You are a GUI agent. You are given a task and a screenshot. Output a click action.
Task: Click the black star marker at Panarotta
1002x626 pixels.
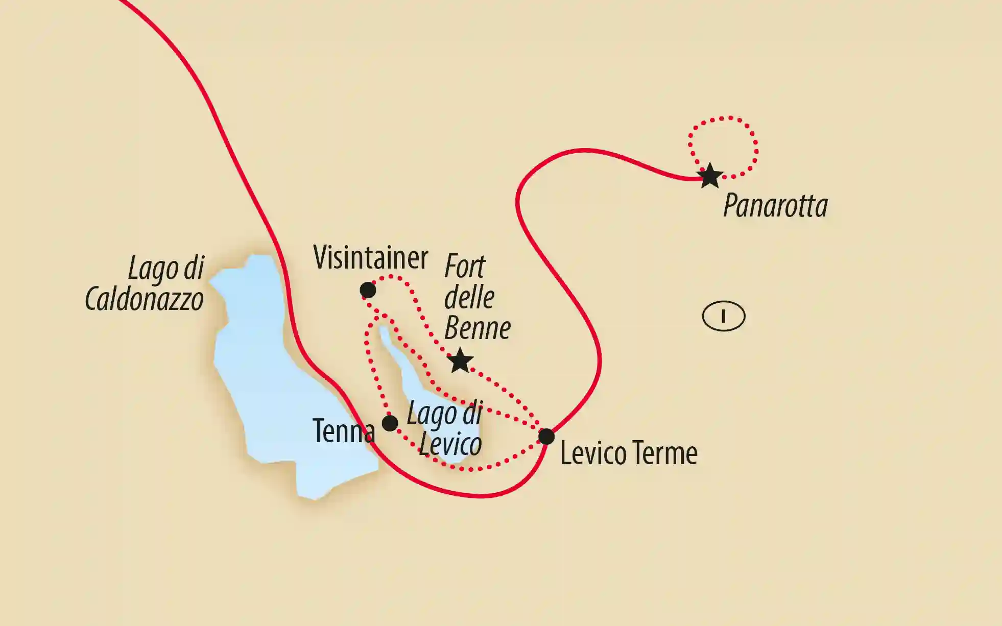(710, 176)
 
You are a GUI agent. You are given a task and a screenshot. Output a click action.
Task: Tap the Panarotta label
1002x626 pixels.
(775, 206)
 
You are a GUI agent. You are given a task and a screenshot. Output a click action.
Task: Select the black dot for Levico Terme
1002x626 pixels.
(546, 437)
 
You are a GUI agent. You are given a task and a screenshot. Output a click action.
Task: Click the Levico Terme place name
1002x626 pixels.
(629, 453)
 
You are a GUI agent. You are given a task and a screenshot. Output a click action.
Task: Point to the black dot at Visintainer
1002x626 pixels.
(368, 290)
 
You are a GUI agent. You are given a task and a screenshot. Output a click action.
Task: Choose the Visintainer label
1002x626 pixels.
(370, 257)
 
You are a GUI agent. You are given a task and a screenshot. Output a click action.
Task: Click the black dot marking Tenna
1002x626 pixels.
(390, 423)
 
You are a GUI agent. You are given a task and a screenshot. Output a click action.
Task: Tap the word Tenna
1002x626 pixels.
(343, 431)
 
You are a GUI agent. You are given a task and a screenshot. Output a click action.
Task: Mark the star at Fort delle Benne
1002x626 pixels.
(460, 361)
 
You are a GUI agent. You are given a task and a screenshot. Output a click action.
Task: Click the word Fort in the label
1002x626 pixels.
(465, 267)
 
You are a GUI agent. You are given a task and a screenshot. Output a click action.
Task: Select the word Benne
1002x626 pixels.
(477, 328)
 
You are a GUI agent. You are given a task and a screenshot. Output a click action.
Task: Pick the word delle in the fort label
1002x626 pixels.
(469, 297)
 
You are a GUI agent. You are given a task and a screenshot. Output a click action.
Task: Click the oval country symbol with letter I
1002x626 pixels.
(723, 317)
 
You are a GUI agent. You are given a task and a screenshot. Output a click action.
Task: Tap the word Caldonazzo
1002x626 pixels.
(144, 299)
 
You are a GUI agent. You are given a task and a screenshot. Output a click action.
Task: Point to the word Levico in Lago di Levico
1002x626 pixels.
(450, 444)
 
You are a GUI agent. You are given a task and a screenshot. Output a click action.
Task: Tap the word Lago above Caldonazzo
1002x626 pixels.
(151, 269)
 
